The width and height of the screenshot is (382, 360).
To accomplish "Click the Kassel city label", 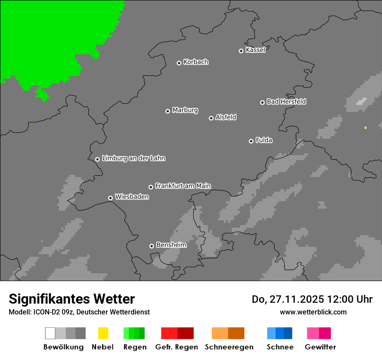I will pyautogui.click(x=255, y=50).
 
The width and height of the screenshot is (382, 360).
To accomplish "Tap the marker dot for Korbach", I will pyautogui.click(x=179, y=63).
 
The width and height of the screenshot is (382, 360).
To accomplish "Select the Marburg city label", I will pyautogui.click(x=185, y=110).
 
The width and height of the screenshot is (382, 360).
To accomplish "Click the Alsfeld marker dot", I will pyautogui.click(x=211, y=118).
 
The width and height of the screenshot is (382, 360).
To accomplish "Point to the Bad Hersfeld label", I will pyautogui.click(x=286, y=101).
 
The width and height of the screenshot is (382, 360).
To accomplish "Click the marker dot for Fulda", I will pyautogui.click(x=251, y=141).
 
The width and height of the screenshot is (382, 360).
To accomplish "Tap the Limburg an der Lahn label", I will pyautogui.click(x=133, y=158).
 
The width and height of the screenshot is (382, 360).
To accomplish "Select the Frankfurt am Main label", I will pyautogui.click(x=183, y=186).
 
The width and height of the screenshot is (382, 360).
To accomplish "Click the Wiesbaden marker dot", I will pyautogui.click(x=110, y=198).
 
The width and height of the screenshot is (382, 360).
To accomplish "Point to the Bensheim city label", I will pyautogui.click(x=171, y=245).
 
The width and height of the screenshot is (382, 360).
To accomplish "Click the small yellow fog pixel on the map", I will pyautogui.click(x=366, y=128).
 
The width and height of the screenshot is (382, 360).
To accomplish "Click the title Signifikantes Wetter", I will pyautogui.click(x=72, y=299).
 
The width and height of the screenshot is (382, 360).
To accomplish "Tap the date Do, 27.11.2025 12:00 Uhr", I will pyautogui.click(x=312, y=299).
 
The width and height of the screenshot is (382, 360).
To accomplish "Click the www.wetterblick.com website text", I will pyautogui.click(x=313, y=312).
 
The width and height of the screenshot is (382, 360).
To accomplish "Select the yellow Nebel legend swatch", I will pyautogui.click(x=103, y=333).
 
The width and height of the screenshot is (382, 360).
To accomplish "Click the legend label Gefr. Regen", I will pyautogui.click(x=176, y=347).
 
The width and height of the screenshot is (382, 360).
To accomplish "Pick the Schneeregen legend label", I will pyautogui.click(x=229, y=347).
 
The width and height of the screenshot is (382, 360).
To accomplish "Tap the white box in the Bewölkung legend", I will pyautogui.click(x=50, y=333).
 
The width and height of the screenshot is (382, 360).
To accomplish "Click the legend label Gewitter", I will pyautogui.click(x=320, y=347).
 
